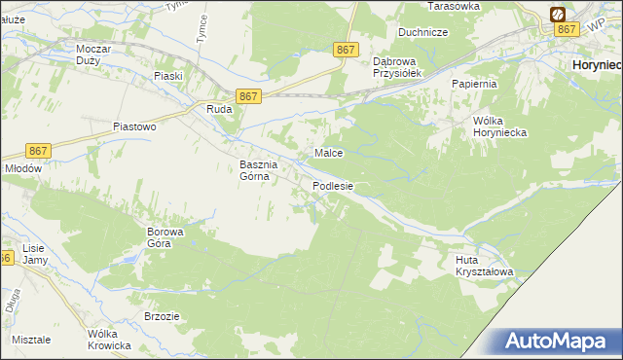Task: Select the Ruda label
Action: pos(218,110)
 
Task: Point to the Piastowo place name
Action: pos(134,126)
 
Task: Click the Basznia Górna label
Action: pos(259,170)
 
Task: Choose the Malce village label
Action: pos(328,153)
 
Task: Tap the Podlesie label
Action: pos(333,185)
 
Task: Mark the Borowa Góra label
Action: pos(159,237)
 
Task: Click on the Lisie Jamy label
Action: pos(34,254)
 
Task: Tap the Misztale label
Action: pos(33,340)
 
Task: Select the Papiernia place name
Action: pos(474,84)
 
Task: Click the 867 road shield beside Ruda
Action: pos(248,95)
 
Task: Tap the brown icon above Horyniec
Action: pos(559,15)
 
